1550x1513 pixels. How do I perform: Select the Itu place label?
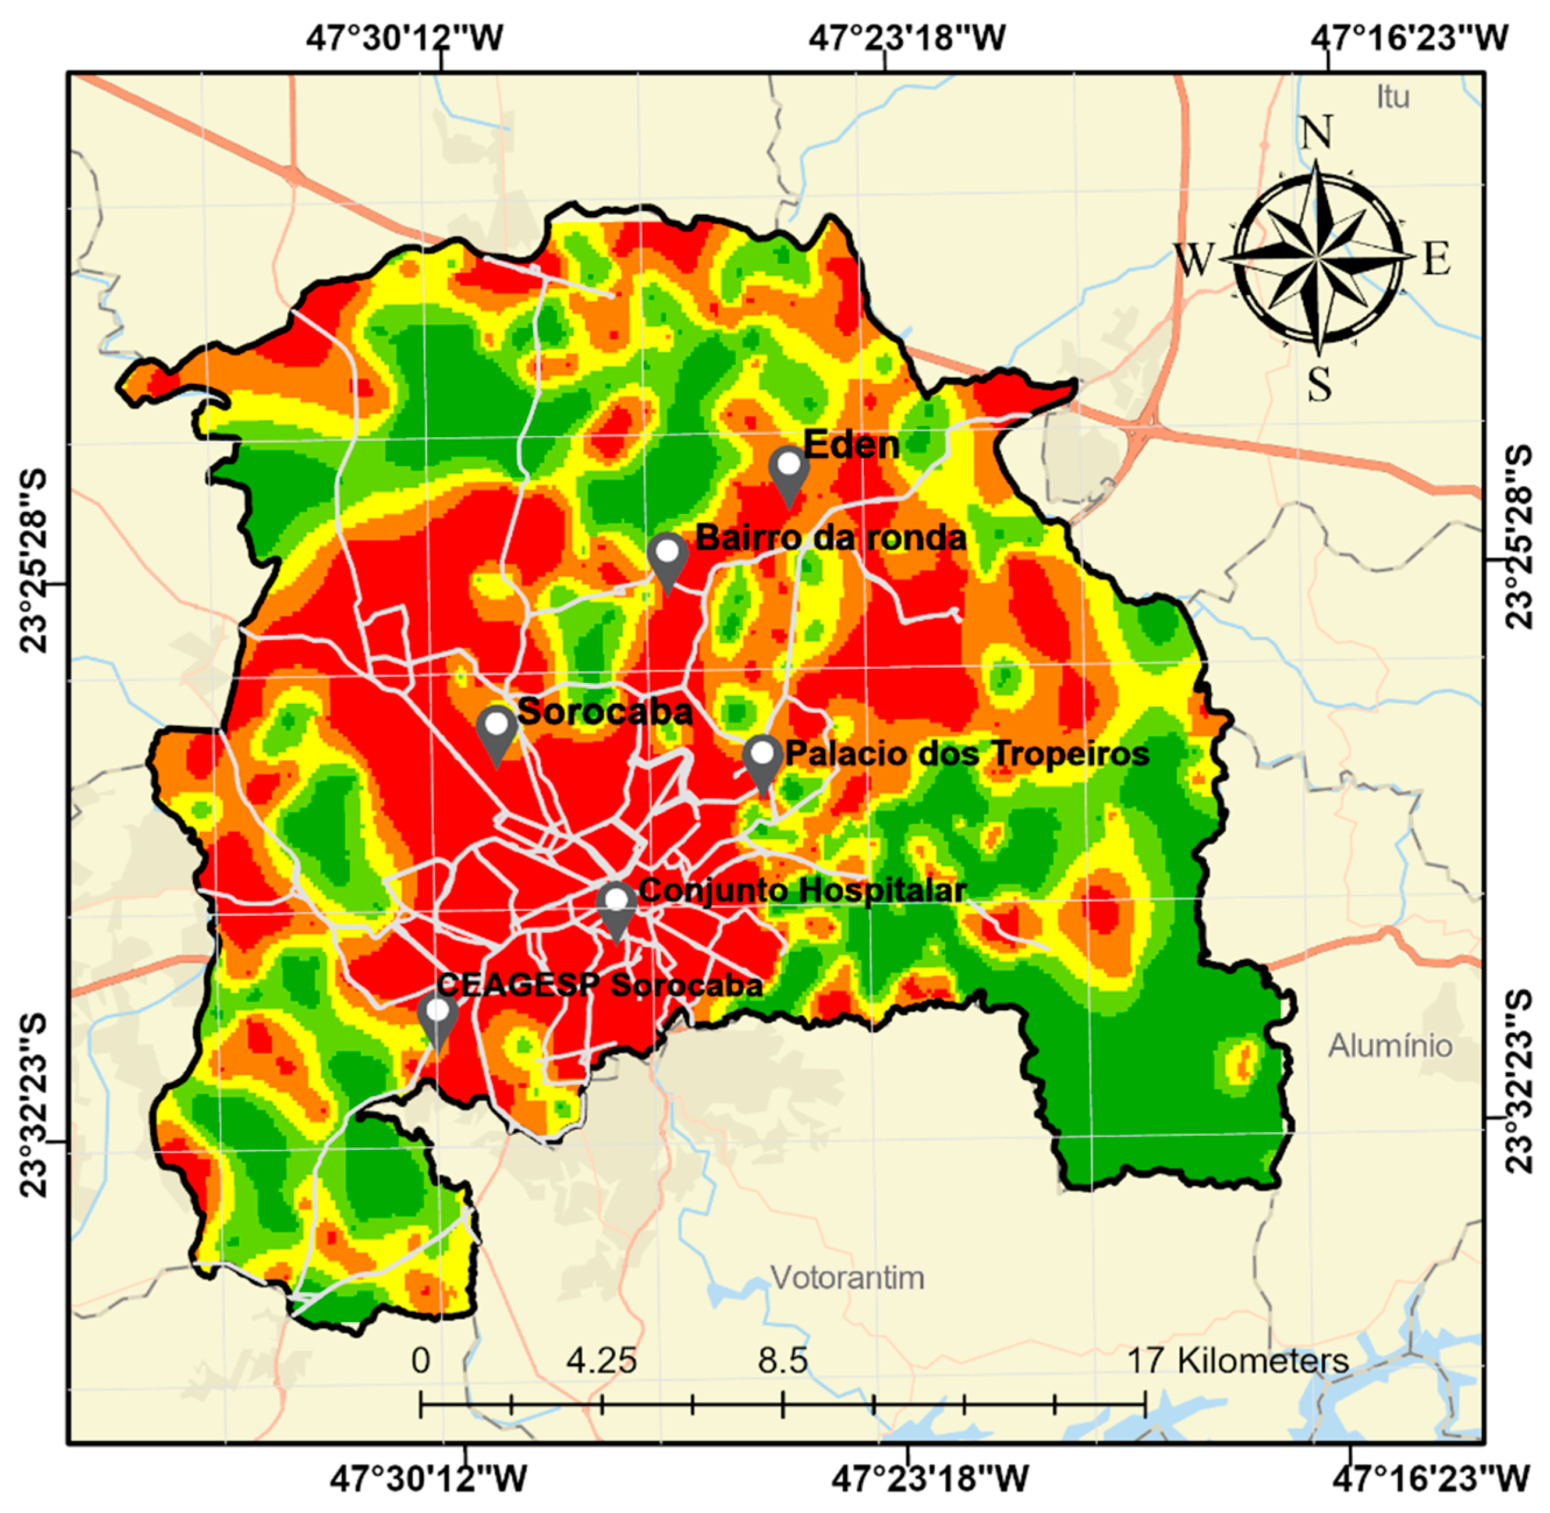pyautogui.click(x=1393, y=97)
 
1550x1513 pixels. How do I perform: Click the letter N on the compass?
pyautogui.click(x=1317, y=133)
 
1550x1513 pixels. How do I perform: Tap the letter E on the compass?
pyautogui.click(x=1435, y=259)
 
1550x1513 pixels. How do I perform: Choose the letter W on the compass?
pyautogui.click(x=1195, y=260)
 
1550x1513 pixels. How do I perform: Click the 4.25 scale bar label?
pyautogui.click(x=601, y=1361)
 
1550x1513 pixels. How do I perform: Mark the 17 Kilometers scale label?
pyautogui.click(x=1238, y=1361)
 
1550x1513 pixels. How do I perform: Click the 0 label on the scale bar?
pyautogui.click(x=420, y=1361)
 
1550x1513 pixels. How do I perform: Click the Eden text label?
pyautogui.click(x=851, y=445)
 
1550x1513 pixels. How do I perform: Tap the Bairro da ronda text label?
pyautogui.click(x=831, y=538)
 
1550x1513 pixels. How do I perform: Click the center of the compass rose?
pyautogui.click(x=1317, y=259)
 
